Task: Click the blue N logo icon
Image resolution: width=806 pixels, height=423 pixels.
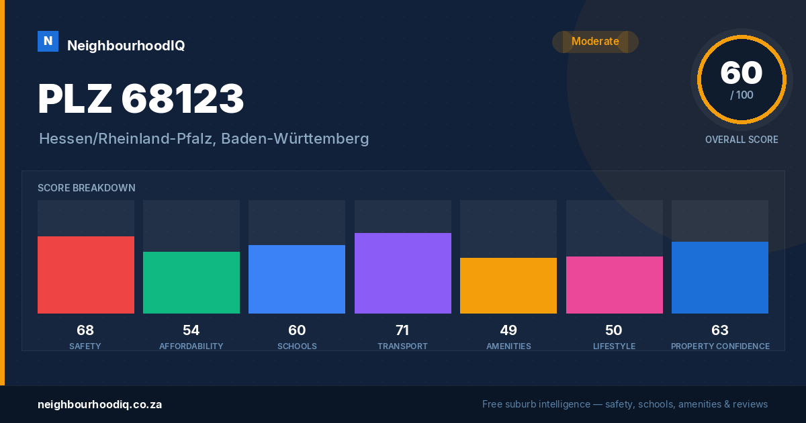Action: pos(48,42)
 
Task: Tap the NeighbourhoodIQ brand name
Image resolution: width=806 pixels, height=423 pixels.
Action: pos(126,46)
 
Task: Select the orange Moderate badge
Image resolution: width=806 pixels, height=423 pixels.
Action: pos(595,42)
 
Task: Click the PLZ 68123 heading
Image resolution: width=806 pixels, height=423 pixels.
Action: pos(140,99)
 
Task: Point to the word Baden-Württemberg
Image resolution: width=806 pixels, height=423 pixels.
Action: pos(295,139)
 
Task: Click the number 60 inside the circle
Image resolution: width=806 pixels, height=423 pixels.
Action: pos(742,73)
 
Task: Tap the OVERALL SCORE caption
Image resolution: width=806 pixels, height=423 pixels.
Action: pos(742,140)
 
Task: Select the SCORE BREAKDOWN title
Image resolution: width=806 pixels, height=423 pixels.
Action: pos(87,188)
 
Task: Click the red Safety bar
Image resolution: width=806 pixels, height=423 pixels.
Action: pos(86,275)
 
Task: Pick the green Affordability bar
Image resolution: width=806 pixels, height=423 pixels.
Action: pos(191,283)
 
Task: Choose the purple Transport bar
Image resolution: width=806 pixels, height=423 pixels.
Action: pos(403,273)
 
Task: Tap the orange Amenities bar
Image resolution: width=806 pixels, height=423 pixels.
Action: pos(508,285)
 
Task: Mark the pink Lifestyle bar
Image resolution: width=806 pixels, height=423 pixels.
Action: pos(615,285)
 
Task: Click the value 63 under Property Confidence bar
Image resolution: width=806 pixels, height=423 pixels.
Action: pos(720,330)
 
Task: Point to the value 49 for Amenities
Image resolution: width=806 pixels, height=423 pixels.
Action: pos(508,330)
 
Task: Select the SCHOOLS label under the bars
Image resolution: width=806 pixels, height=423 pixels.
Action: pos(297,346)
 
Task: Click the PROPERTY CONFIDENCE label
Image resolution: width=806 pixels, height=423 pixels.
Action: pos(720,346)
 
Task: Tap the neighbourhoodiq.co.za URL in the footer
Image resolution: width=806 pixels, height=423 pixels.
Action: pos(99,405)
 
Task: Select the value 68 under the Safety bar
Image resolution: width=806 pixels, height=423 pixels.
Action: pos(85,330)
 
